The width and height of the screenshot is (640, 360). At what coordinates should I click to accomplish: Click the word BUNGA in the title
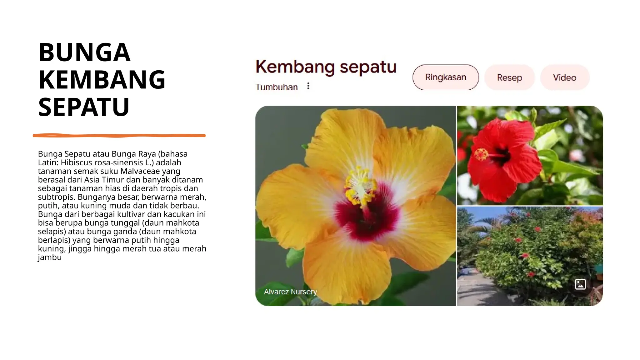(84, 52)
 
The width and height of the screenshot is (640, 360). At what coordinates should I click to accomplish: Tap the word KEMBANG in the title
(102, 80)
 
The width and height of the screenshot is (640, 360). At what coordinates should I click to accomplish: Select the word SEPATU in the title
(84, 107)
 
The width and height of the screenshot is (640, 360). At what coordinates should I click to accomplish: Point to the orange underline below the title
(119, 135)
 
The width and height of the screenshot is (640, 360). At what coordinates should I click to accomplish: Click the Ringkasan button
(446, 77)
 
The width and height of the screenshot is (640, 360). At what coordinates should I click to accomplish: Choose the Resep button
(509, 77)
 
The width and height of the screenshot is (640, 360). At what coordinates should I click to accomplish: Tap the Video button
(564, 77)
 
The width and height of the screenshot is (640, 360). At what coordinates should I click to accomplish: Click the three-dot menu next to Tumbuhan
(308, 86)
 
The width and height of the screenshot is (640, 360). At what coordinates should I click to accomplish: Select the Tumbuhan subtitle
(276, 87)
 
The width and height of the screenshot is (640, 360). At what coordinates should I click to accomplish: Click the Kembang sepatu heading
(326, 67)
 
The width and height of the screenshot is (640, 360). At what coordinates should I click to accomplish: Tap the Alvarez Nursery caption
(290, 292)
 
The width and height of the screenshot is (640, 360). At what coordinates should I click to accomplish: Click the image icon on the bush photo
(580, 284)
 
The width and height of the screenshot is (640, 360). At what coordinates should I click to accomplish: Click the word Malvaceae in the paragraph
(140, 171)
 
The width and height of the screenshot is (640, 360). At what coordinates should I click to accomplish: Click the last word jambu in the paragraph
(50, 257)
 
